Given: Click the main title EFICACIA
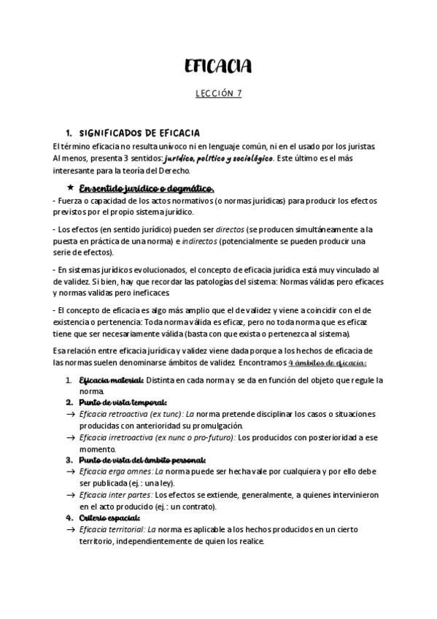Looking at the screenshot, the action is pyautogui.click(x=218, y=68).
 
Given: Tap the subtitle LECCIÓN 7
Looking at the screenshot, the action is pyautogui.click(x=218, y=94).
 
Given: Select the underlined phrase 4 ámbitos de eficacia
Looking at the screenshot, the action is pyautogui.click(x=327, y=364).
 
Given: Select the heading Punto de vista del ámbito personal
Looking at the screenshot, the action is pyautogui.click(x=142, y=460).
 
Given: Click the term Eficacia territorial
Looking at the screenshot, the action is pyautogui.click(x=112, y=528).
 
